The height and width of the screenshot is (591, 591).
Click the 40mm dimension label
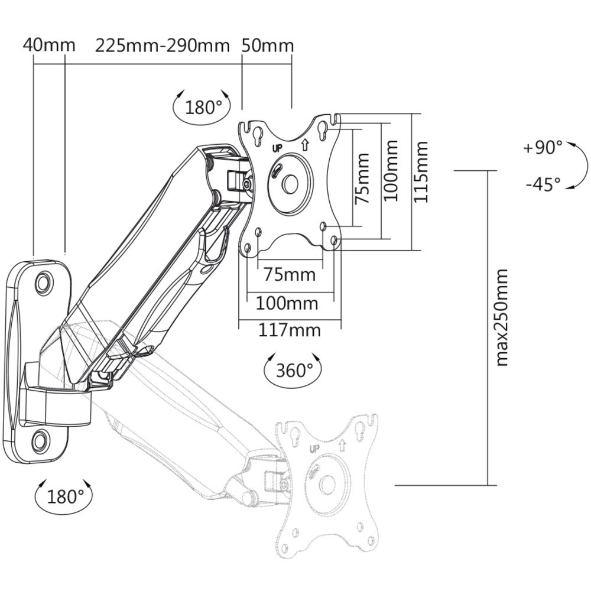point(49,46)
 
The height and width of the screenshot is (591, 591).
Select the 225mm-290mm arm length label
point(162,46)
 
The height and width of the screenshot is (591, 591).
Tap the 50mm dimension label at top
point(268,46)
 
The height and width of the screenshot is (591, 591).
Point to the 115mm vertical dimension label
point(421,172)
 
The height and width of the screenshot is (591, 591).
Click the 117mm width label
point(289,330)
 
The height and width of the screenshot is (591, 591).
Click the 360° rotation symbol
point(293,370)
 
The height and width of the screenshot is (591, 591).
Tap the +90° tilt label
point(543,147)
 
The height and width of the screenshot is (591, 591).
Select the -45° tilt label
point(543,184)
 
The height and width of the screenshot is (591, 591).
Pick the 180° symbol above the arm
point(202,108)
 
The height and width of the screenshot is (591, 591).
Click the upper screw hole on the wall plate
point(44,280)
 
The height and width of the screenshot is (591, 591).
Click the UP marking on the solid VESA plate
point(277,148)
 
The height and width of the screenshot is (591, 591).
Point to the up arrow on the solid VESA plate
point(304,145)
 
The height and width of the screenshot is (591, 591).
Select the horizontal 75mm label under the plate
point(290,274)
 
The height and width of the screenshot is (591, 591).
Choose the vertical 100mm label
point(390,170)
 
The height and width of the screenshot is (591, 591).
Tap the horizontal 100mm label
point(287,303)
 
